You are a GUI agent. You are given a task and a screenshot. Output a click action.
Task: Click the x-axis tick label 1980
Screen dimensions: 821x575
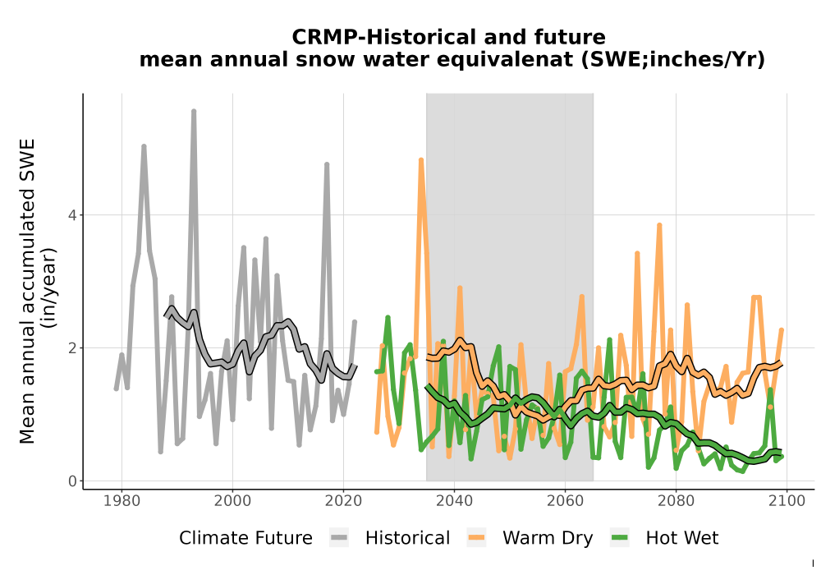click(122, 501)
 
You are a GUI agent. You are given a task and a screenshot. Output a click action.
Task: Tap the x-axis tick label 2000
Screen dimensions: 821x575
click(232, 501)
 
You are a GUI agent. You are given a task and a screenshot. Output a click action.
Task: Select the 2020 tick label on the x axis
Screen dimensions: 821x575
click(343, 501)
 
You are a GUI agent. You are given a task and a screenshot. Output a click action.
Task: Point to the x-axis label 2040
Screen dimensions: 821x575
click(454, 501)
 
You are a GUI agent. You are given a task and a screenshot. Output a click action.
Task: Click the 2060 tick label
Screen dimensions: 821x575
click(565, 501)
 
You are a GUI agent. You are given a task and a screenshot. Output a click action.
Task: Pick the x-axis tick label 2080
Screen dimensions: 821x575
click(676, 501)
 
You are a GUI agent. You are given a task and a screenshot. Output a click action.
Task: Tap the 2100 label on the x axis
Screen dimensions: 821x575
click(787, 501)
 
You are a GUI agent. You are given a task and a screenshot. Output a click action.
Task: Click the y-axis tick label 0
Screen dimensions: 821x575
click(72, 481)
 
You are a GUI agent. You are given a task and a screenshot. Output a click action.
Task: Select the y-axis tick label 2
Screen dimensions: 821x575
click(72, 347)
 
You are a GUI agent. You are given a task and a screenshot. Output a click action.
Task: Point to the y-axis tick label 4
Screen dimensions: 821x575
click(72, 215)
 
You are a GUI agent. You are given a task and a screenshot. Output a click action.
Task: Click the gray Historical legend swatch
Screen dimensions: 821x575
click(339, 538)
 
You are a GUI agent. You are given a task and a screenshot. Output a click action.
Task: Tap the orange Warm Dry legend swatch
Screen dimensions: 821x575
click(476, 538)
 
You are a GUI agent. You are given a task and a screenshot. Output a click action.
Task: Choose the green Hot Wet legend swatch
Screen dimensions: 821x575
click(620, 538)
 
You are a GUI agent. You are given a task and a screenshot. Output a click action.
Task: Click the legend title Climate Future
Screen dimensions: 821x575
click(245, 538)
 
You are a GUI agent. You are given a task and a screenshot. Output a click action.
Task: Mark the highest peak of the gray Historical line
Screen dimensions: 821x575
click(194, 112)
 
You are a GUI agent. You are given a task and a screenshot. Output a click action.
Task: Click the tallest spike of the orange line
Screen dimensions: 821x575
click(421, 160)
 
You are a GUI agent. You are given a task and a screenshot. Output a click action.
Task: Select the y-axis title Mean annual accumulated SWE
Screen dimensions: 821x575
click(27, 291)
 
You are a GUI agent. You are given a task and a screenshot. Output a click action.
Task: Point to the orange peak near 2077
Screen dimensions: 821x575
click(659, 225)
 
